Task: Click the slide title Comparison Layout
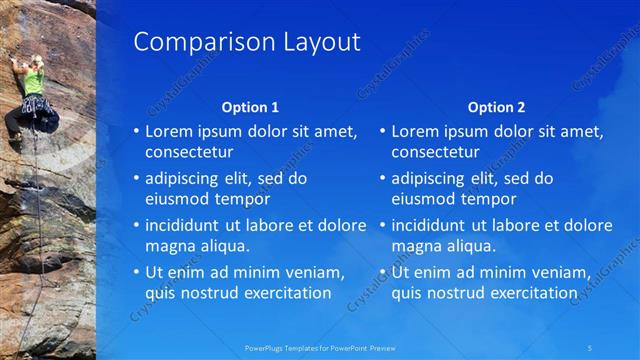246,42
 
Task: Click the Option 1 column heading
249,107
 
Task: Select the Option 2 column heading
495,107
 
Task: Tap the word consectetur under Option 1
189,152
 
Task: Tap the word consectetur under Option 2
435,152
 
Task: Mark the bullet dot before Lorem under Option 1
137,131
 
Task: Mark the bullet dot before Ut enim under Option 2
383,272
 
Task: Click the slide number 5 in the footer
590,348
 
